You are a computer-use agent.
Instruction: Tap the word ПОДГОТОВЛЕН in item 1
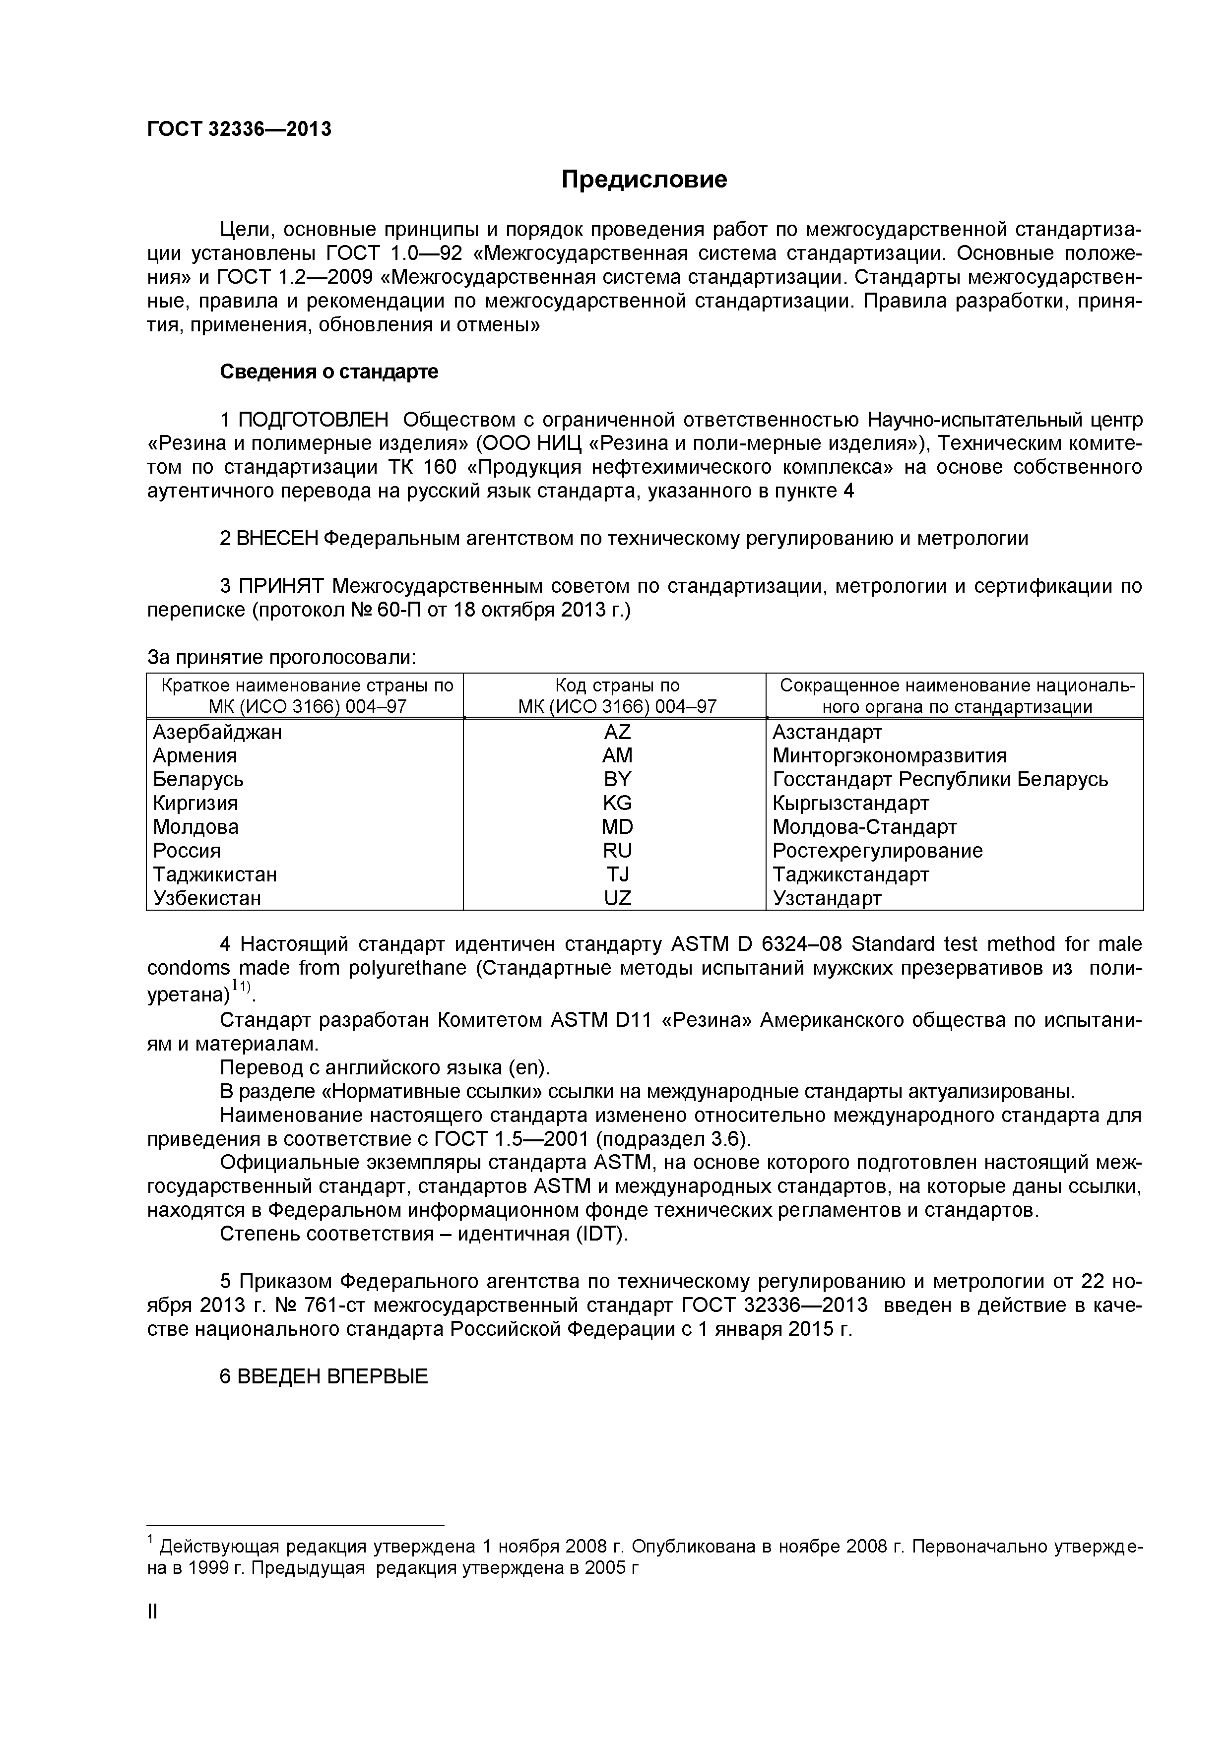(x=314, y=419)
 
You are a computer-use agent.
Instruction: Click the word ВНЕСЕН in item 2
(x=278, y=539)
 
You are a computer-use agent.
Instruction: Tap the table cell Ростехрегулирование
(x=877, y=850)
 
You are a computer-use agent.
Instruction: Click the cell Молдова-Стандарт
(x=864, y=827)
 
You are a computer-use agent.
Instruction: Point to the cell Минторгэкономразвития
(x=889, y=755)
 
